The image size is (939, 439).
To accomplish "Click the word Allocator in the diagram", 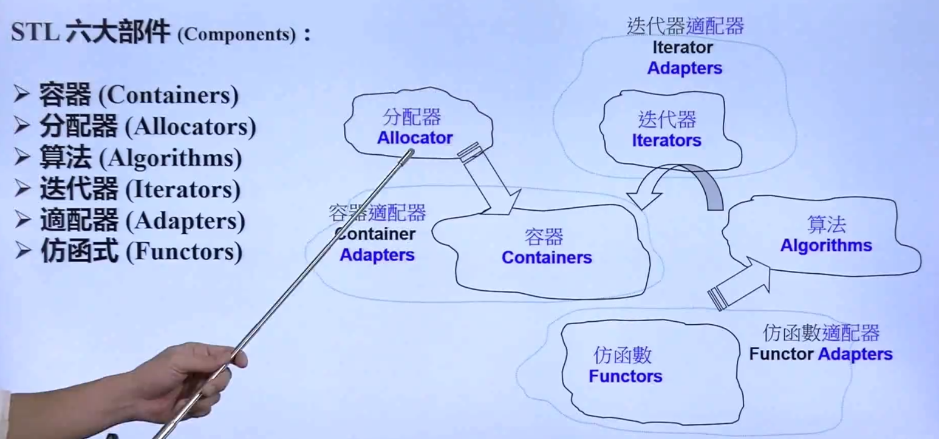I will pyautogui.click(x=414, y=138).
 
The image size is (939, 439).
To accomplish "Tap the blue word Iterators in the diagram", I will pyautogui.click(x=666, y=141).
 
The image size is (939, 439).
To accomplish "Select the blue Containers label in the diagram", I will pyautogui.click(x=547, y=257).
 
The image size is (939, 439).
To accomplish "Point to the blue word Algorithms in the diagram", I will pyautogui.click(x=825, y=246).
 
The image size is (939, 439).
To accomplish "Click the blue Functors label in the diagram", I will pyautogui.click(x=625, y=376).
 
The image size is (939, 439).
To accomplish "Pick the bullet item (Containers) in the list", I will pyautogui.click(x=168, y=96).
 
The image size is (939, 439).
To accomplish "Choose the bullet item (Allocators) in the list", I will pyautogui.click(x=190, y=127).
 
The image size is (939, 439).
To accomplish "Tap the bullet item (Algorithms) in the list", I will pyautogui.click(x=170, y=158).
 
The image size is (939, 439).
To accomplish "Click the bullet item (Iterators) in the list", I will pyautogui.click(x=183, y=190).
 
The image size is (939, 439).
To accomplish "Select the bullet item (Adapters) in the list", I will pyautogui.click(x=185, y=221).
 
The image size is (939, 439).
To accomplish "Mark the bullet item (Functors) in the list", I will pyautogui.click(x=183, y=252).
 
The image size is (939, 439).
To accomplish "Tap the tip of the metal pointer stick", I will pyautogui.click(x=410, y=152).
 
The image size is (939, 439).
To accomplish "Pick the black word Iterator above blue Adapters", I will pyautogui.click(x=683, y=47).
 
